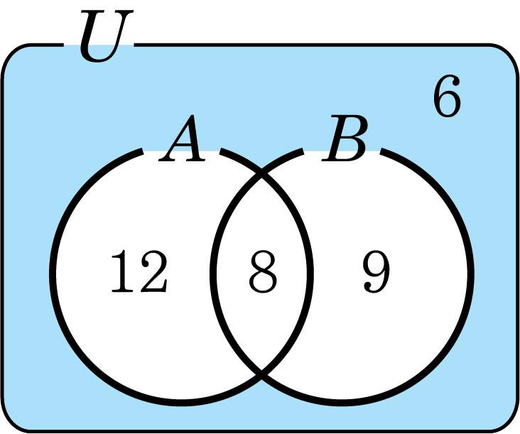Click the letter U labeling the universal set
(106, 36)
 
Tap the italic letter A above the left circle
(183, 139)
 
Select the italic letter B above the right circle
(345, 139)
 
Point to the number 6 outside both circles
(447, 96)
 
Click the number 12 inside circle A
(139, 271)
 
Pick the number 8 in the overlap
(263, 272)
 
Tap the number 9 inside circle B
(377, 272)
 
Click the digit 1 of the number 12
(124, 271)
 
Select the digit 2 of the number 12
(154, 271)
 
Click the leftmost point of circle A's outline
(53, 274)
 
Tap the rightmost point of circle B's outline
(471, 274)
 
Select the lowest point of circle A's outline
(181, 403)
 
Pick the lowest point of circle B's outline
(342, 403)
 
